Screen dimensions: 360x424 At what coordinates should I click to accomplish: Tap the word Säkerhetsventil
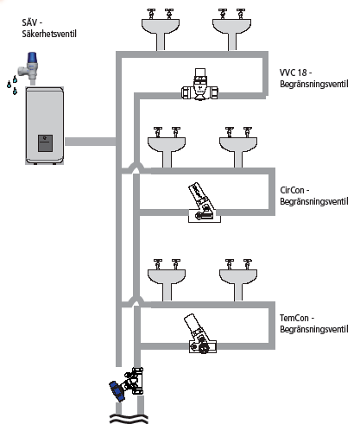click(x=49, y=34)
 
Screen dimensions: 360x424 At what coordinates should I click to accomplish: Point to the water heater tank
click(x=45, y=125)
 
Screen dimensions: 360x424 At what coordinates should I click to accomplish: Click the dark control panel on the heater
click(x=46, y=143)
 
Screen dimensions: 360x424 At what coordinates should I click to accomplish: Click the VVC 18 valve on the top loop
click(x=199, y=85)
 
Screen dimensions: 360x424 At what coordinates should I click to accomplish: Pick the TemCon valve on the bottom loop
click(x=201, y=334)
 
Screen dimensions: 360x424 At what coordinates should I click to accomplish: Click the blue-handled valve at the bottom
click(x=127, y=384)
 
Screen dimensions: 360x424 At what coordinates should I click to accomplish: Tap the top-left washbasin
click(x=161, y=29)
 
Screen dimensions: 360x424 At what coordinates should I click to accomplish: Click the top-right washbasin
click(x=231, y=29)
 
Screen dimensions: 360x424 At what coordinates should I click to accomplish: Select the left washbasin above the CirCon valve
click(x=167, y=147)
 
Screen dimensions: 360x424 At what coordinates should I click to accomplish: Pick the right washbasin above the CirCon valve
click(x=238, y=147)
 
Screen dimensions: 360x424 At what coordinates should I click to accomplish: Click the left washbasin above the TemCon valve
click(x=167, y=280)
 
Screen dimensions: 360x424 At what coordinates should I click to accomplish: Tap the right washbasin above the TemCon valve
click(x=238, y=280)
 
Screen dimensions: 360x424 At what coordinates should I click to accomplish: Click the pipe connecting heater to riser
click(x=91, y=142)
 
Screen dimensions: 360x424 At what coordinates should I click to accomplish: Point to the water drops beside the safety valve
click(x=12, y=85)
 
